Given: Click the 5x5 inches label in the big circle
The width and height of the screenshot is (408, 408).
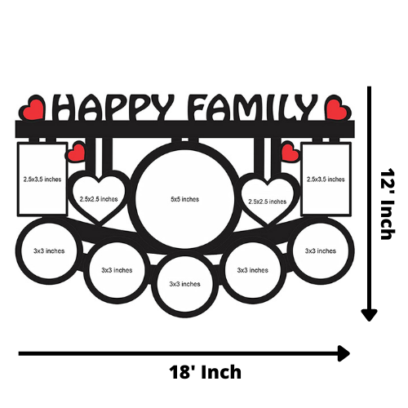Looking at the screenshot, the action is click(x=184, y=199).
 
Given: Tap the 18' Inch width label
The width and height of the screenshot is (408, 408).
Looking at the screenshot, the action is click(x=205, y=372).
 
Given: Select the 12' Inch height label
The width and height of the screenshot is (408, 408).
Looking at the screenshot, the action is click(x=388, y=204).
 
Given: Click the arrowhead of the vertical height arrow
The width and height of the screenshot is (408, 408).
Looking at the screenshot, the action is click(x=369, y=315).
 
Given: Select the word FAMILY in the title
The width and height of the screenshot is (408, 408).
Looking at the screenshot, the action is click(x=252, y=108).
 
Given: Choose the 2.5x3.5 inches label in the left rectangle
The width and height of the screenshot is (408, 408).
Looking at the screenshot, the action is click(x=42, y=180).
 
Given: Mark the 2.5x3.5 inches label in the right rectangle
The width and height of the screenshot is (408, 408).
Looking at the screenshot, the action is click(x=326, y=180).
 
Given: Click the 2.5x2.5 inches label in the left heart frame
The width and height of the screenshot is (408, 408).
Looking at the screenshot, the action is click(x=99, y=199).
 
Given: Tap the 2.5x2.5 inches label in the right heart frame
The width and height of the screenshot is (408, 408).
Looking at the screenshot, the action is click(x=267, y=202).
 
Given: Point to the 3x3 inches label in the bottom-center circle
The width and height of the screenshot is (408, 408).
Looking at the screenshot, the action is click(x=184, y=284).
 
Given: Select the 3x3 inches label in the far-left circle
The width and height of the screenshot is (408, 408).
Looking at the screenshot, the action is click(x=49, y=251).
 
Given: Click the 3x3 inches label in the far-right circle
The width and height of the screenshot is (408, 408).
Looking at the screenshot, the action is click(x=321, y=251).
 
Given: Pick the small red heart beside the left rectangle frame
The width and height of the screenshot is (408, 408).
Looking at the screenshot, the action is click(x=76, y=153).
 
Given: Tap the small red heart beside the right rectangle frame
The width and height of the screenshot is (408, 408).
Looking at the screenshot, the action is click(x=290, y=153).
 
